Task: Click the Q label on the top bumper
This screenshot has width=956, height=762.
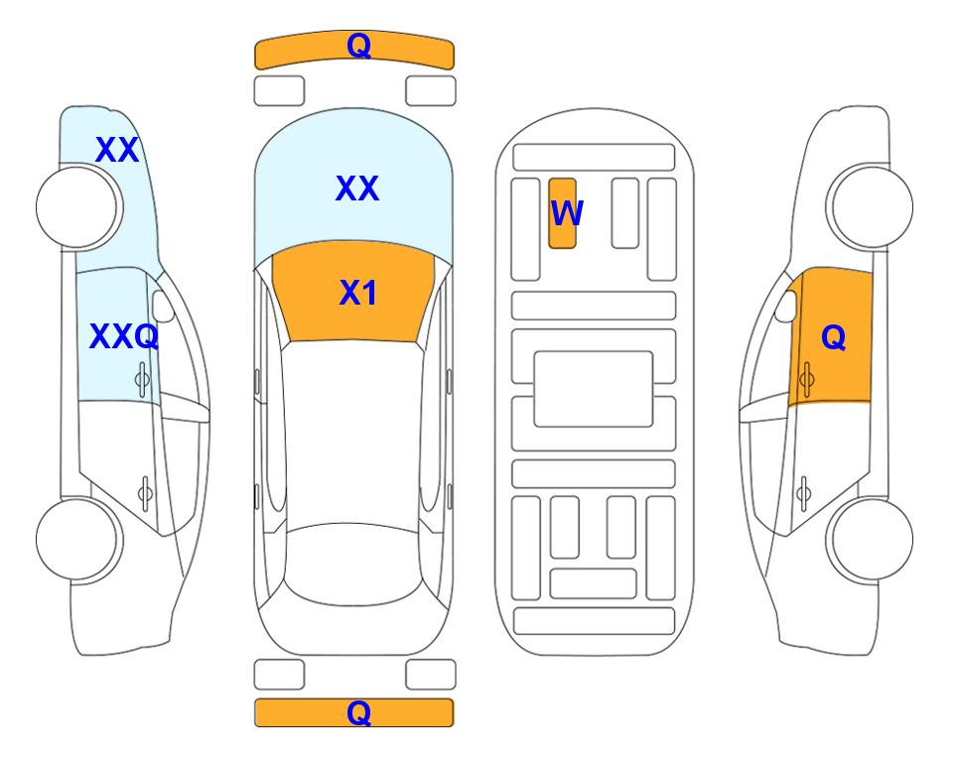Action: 358,46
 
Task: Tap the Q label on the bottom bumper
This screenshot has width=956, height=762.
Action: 358,712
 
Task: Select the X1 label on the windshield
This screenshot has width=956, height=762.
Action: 358,293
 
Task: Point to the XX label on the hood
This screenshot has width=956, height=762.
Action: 357,188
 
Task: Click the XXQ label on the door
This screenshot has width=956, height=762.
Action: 124,336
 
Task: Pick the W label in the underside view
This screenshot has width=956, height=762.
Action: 567,213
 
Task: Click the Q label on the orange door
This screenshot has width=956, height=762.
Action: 834,337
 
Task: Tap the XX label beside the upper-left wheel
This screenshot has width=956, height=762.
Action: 117,150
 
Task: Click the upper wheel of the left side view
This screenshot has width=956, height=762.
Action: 76,207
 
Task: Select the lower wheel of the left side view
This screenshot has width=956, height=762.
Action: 76,539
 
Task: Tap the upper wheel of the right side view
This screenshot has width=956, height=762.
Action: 873,207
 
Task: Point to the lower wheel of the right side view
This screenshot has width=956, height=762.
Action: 873,539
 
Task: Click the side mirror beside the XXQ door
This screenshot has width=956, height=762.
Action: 162,306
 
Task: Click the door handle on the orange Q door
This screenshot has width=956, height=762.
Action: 806,379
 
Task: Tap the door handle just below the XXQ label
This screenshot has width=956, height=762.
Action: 142,379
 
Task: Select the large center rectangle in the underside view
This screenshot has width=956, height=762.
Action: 594,389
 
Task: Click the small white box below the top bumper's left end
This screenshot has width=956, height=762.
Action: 279,91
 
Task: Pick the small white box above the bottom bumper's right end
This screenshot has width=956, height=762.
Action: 431,675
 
